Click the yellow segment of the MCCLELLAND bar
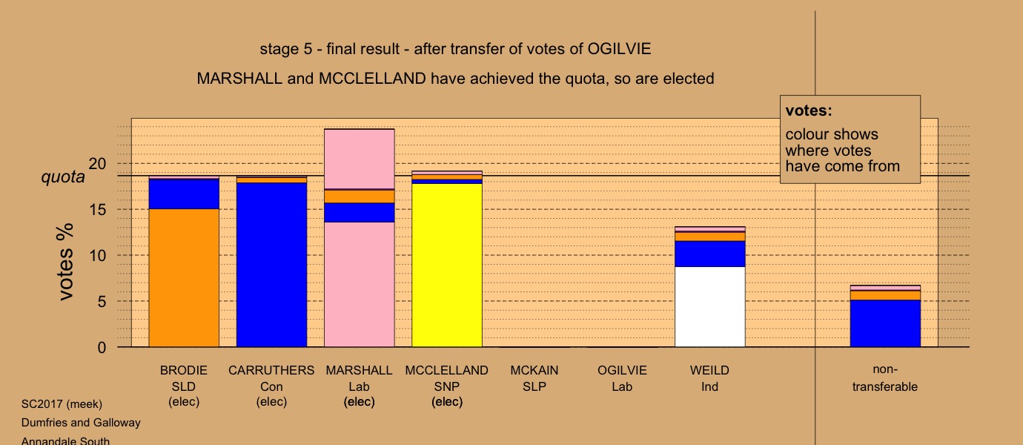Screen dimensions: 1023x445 point(447,265)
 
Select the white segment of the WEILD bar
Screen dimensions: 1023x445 point(709,306)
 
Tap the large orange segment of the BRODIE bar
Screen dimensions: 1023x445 point(184,278)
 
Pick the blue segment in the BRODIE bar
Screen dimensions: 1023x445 point(184,194)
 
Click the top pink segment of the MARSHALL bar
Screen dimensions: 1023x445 point(359,159)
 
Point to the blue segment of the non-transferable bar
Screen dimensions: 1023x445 point(884,323)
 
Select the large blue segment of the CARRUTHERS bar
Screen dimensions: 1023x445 point(271,265)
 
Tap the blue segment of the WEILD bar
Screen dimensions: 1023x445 point(709,254)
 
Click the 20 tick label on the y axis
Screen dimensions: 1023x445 point(97,164)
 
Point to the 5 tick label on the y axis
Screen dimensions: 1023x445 point(102,302)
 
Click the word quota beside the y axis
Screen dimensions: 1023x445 point(63,177)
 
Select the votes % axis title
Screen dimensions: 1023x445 point(65,262)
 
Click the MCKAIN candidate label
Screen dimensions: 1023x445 point(534,370)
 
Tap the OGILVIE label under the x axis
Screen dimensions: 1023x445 point(622,370)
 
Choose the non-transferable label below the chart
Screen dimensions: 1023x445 point(884,378)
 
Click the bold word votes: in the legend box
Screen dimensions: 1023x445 point(809,111)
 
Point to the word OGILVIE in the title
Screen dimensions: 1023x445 point(619,49)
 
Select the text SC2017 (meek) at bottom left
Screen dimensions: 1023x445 point(62,404)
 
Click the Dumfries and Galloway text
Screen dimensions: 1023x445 point(81,423)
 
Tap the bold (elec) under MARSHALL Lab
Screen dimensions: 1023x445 point(359,401)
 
